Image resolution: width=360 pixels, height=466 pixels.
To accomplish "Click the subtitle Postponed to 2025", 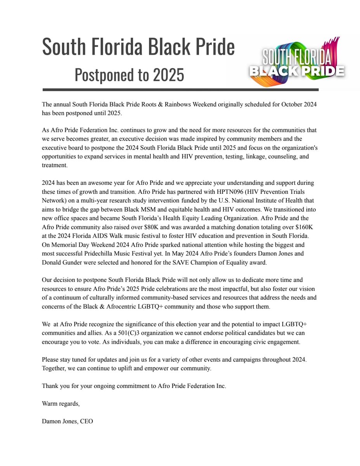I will [129, 75].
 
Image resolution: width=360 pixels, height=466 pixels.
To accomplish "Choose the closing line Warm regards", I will [61, 404].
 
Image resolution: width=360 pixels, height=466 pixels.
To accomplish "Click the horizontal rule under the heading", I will [180, 90].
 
